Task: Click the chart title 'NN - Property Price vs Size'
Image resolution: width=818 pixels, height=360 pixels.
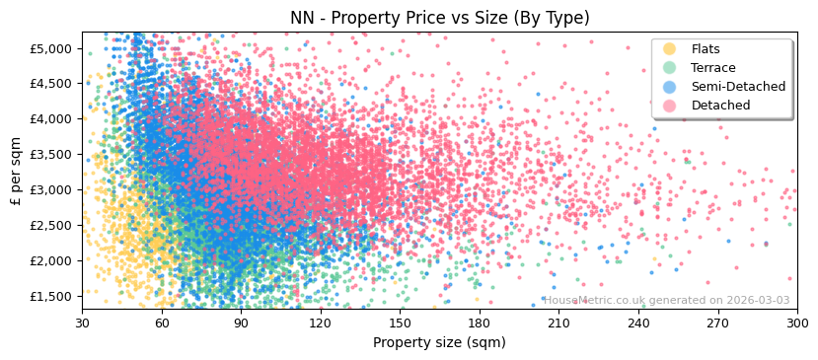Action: pos(439,18)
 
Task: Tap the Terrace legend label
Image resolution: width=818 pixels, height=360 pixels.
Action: pos(713,68)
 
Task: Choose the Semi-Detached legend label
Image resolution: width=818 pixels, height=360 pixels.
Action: pos(738,87)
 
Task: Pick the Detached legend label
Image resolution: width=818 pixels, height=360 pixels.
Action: pos(720,106)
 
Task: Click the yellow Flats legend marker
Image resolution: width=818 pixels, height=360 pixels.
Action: pos(670,49)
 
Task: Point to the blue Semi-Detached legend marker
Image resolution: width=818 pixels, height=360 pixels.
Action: pos(670,87)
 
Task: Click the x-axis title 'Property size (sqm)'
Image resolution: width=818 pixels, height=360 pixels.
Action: pos(439,342)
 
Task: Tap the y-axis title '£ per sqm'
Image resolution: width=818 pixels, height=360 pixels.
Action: pos(17,171)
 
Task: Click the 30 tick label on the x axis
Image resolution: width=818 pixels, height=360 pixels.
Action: pos(83,323)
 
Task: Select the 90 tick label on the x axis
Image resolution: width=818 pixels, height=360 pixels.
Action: pos(242,323)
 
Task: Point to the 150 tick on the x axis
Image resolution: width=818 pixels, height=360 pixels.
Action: pos(401,323)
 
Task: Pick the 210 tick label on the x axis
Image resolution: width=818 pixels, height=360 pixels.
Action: pos(559,323)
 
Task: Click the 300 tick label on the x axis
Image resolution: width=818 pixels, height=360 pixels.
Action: pos(796,323)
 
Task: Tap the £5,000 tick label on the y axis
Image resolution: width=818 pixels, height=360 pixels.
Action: pos(50,48)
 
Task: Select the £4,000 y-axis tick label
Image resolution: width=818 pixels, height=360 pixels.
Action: pos(50,118)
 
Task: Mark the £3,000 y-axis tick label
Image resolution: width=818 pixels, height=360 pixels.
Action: pos(50,189)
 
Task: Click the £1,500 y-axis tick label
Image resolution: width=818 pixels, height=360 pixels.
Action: pos(50,296)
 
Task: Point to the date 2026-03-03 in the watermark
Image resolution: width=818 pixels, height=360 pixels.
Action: pos(758,301)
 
